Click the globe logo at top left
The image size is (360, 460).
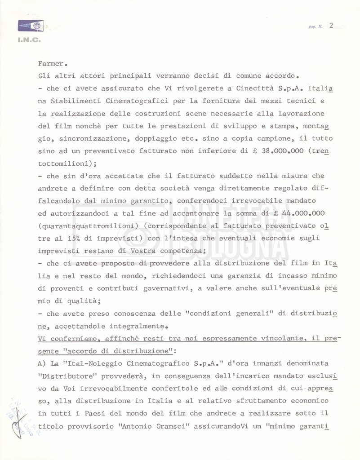pos(31,26)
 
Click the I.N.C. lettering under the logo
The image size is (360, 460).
pos(29,40)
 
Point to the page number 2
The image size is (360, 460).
pos(331,25)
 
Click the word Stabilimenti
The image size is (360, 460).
pos(75,102)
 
